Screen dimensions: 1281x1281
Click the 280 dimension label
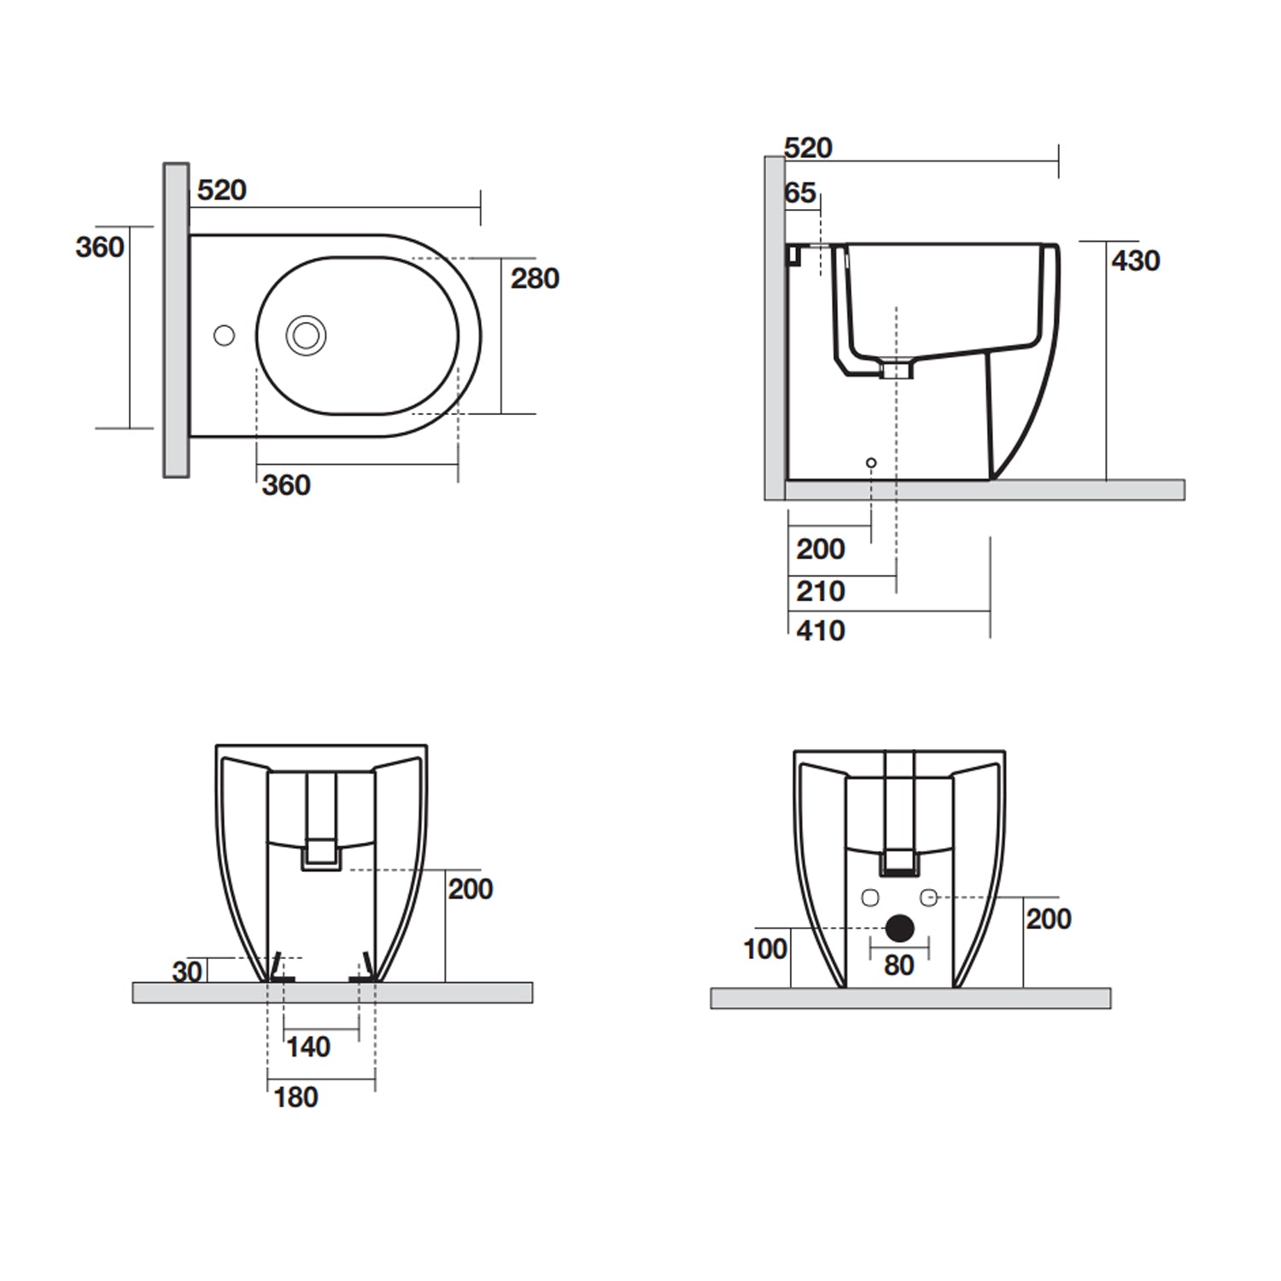(x=535, y=278)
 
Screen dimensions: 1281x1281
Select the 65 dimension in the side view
(x=800, y=193)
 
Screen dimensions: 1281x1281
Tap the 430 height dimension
(x=1135, y=260)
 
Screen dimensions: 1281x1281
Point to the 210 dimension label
(x=820, y=591)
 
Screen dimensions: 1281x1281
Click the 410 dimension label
(x=820, y=631)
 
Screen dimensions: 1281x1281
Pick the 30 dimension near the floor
(x=187, y=971)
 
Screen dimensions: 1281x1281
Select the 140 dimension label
(x=307, y=1047)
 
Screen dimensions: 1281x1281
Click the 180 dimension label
(x=295, y=1097)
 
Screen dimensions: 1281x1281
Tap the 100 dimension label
(x=764, y=949)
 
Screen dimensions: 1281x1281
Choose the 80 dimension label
(x=898, y=966)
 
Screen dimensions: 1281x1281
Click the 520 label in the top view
(x=221, y=190)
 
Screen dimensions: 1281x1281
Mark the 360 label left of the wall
(x=99, y=248)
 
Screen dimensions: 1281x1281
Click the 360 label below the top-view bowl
(x=286, y=485)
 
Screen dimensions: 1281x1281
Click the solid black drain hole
(x=899, y=928)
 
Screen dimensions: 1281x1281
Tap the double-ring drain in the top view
(x=306, y=336)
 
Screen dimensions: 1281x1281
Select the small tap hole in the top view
(x=224, y=336)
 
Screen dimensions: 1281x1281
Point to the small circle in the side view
(x=871, y=463)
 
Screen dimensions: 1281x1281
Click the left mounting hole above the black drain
(x=870, y=898)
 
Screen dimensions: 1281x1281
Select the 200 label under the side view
(x=820, y=549)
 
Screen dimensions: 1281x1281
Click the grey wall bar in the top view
(x=176, y=320)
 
